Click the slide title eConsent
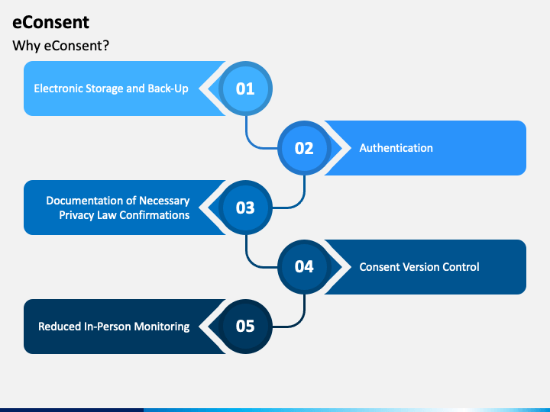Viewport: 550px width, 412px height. tap(50, 22)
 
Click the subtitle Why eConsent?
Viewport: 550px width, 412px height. tap(61, 46)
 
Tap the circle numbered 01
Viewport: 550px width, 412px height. tap(244, 89)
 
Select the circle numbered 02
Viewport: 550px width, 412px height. tap(304, 148)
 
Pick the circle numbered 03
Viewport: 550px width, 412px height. tap(244, 208)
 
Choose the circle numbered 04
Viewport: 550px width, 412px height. tap(304, 267)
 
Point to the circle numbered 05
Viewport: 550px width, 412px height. tap(244, 327)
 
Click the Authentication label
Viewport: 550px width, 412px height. tap(396, 148)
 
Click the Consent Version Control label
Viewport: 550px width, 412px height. tap(419, 267)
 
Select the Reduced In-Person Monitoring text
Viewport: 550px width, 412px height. tap(114, 327)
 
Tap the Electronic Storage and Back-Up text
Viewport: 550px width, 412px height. tap(111, 89)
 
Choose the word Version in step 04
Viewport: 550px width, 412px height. tap(419, 267)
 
